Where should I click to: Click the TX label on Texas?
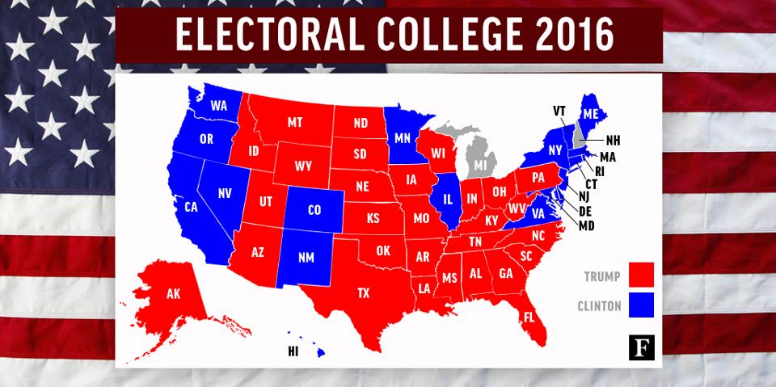(x=365, y=292)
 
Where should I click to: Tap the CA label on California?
(x=192, y=208)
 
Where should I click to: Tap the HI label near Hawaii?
(x=293, y=351)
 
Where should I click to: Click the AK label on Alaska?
(x=174, y=294)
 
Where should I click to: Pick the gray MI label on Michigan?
(x=483, y=165)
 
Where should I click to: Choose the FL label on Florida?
(x=529, y=317)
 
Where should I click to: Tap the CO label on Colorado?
(x=315, y=210)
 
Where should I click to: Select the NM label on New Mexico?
(x=307, y=258)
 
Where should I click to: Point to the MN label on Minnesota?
(x=403, y=138)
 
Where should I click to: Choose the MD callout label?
(x=586, y=225)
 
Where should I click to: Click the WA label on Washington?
(x=218, y=106)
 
